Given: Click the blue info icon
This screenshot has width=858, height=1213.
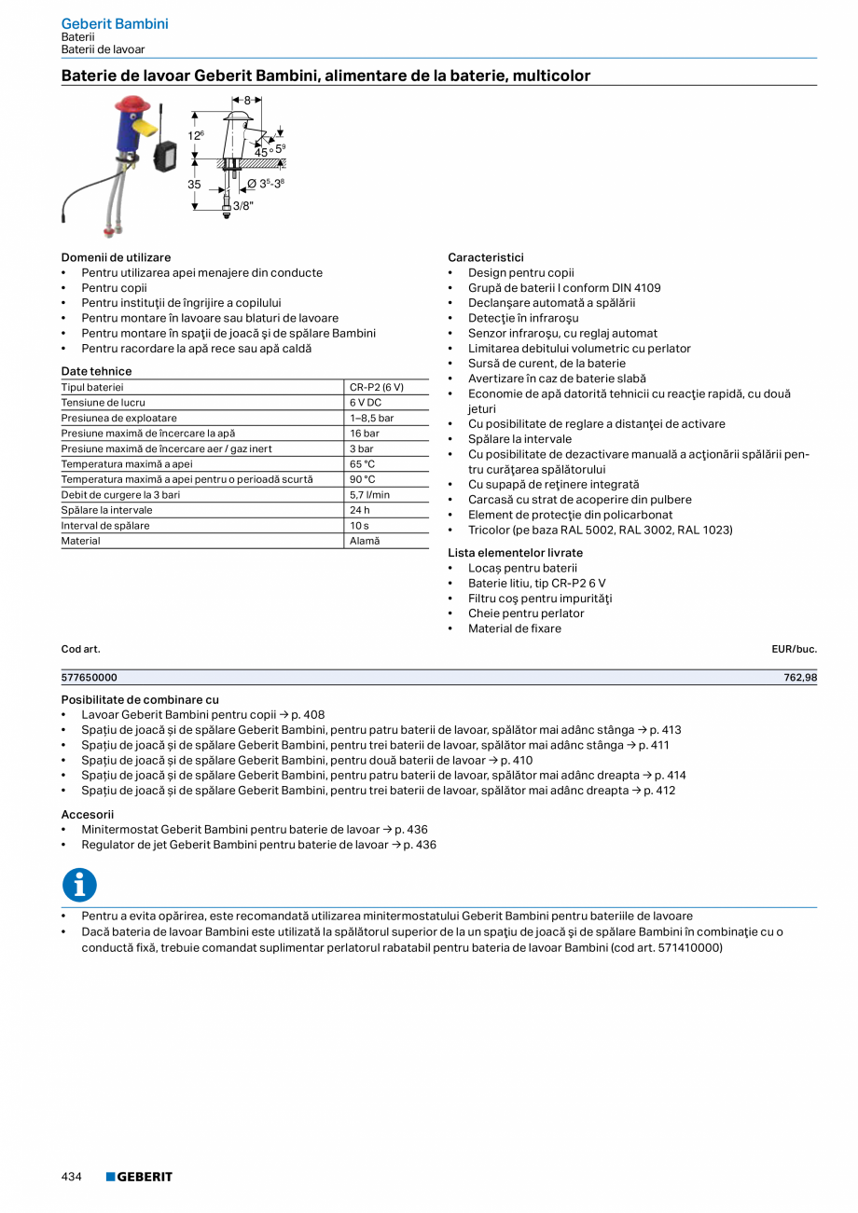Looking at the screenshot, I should tap(79, 885).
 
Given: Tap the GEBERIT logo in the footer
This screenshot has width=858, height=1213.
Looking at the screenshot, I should tap(139, 1177).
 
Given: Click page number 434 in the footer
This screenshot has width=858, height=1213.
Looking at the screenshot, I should tap(72, 1177).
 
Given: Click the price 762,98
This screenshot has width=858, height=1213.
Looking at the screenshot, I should tap(799, 678).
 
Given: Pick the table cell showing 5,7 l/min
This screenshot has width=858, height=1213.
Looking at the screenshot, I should tap(369, 495).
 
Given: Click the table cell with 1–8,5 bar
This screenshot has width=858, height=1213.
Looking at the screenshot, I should tap(371, 419).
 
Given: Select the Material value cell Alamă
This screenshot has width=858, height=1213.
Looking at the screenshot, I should tap(365, 541).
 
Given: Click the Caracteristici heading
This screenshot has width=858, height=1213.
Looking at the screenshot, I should tap(486, 257).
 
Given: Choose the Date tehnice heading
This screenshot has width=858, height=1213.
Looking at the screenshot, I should tap(96, 371).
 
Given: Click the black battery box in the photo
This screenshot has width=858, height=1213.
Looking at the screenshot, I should tap(164, 155).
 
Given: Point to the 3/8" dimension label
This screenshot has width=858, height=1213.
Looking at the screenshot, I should tap(242, 205).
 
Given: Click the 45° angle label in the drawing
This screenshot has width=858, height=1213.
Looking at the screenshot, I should tap(262, 151).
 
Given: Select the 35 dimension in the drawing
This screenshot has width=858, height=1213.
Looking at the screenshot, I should tap(194, 185).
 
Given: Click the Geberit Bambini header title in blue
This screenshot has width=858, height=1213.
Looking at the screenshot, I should tap(115, 23).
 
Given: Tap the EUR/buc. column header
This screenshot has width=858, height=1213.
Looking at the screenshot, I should tap(794, 648).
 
